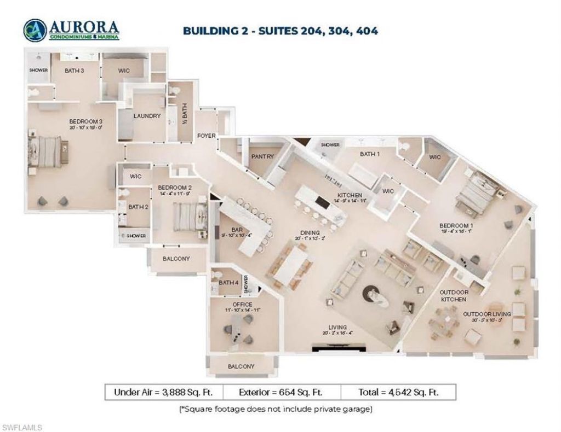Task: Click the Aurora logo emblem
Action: [x=34, y=31]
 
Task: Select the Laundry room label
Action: [x=147, y=116]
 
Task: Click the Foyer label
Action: [x=207, y=136]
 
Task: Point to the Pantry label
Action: [x=262, y=156]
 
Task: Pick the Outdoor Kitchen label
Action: [x=454, y=296]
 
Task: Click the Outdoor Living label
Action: [x=486, y=314]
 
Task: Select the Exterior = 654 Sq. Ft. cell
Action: [x=281, y=392]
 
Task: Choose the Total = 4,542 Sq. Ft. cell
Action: [x=398, y=392]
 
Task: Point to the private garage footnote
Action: [x=280, y=408]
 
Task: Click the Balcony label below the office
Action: [x=241, y=366]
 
